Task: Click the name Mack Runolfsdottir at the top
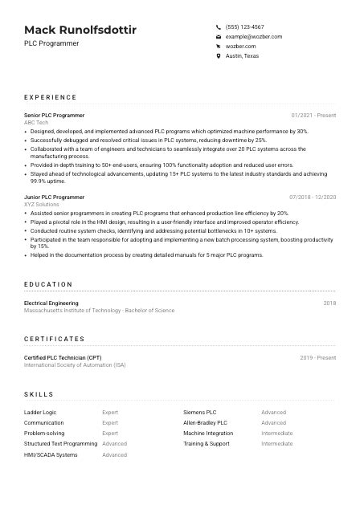click(x=80, y=31)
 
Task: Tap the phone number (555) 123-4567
click(x=244, y=26)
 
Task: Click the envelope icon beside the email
click(x=218, y=37)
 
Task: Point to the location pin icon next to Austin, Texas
click(x=218, y=56)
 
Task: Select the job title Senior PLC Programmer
click(x=55, y=116)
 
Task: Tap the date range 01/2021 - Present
click(x=313, y=116)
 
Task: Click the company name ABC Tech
click(x=36, y=123)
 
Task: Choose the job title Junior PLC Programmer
click(x=55, y=197)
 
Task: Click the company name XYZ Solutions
click(x=42, y=205)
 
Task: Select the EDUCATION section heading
click(x=48, y=284)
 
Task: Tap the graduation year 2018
click(x=329, y=303)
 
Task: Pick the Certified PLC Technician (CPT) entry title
click(x=63, y=357)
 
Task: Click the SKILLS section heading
click(x=39, y=394)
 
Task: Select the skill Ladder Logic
click(x=40, y=413)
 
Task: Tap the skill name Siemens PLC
click(x=200, y=413)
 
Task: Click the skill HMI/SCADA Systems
click(x=51, y=455)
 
